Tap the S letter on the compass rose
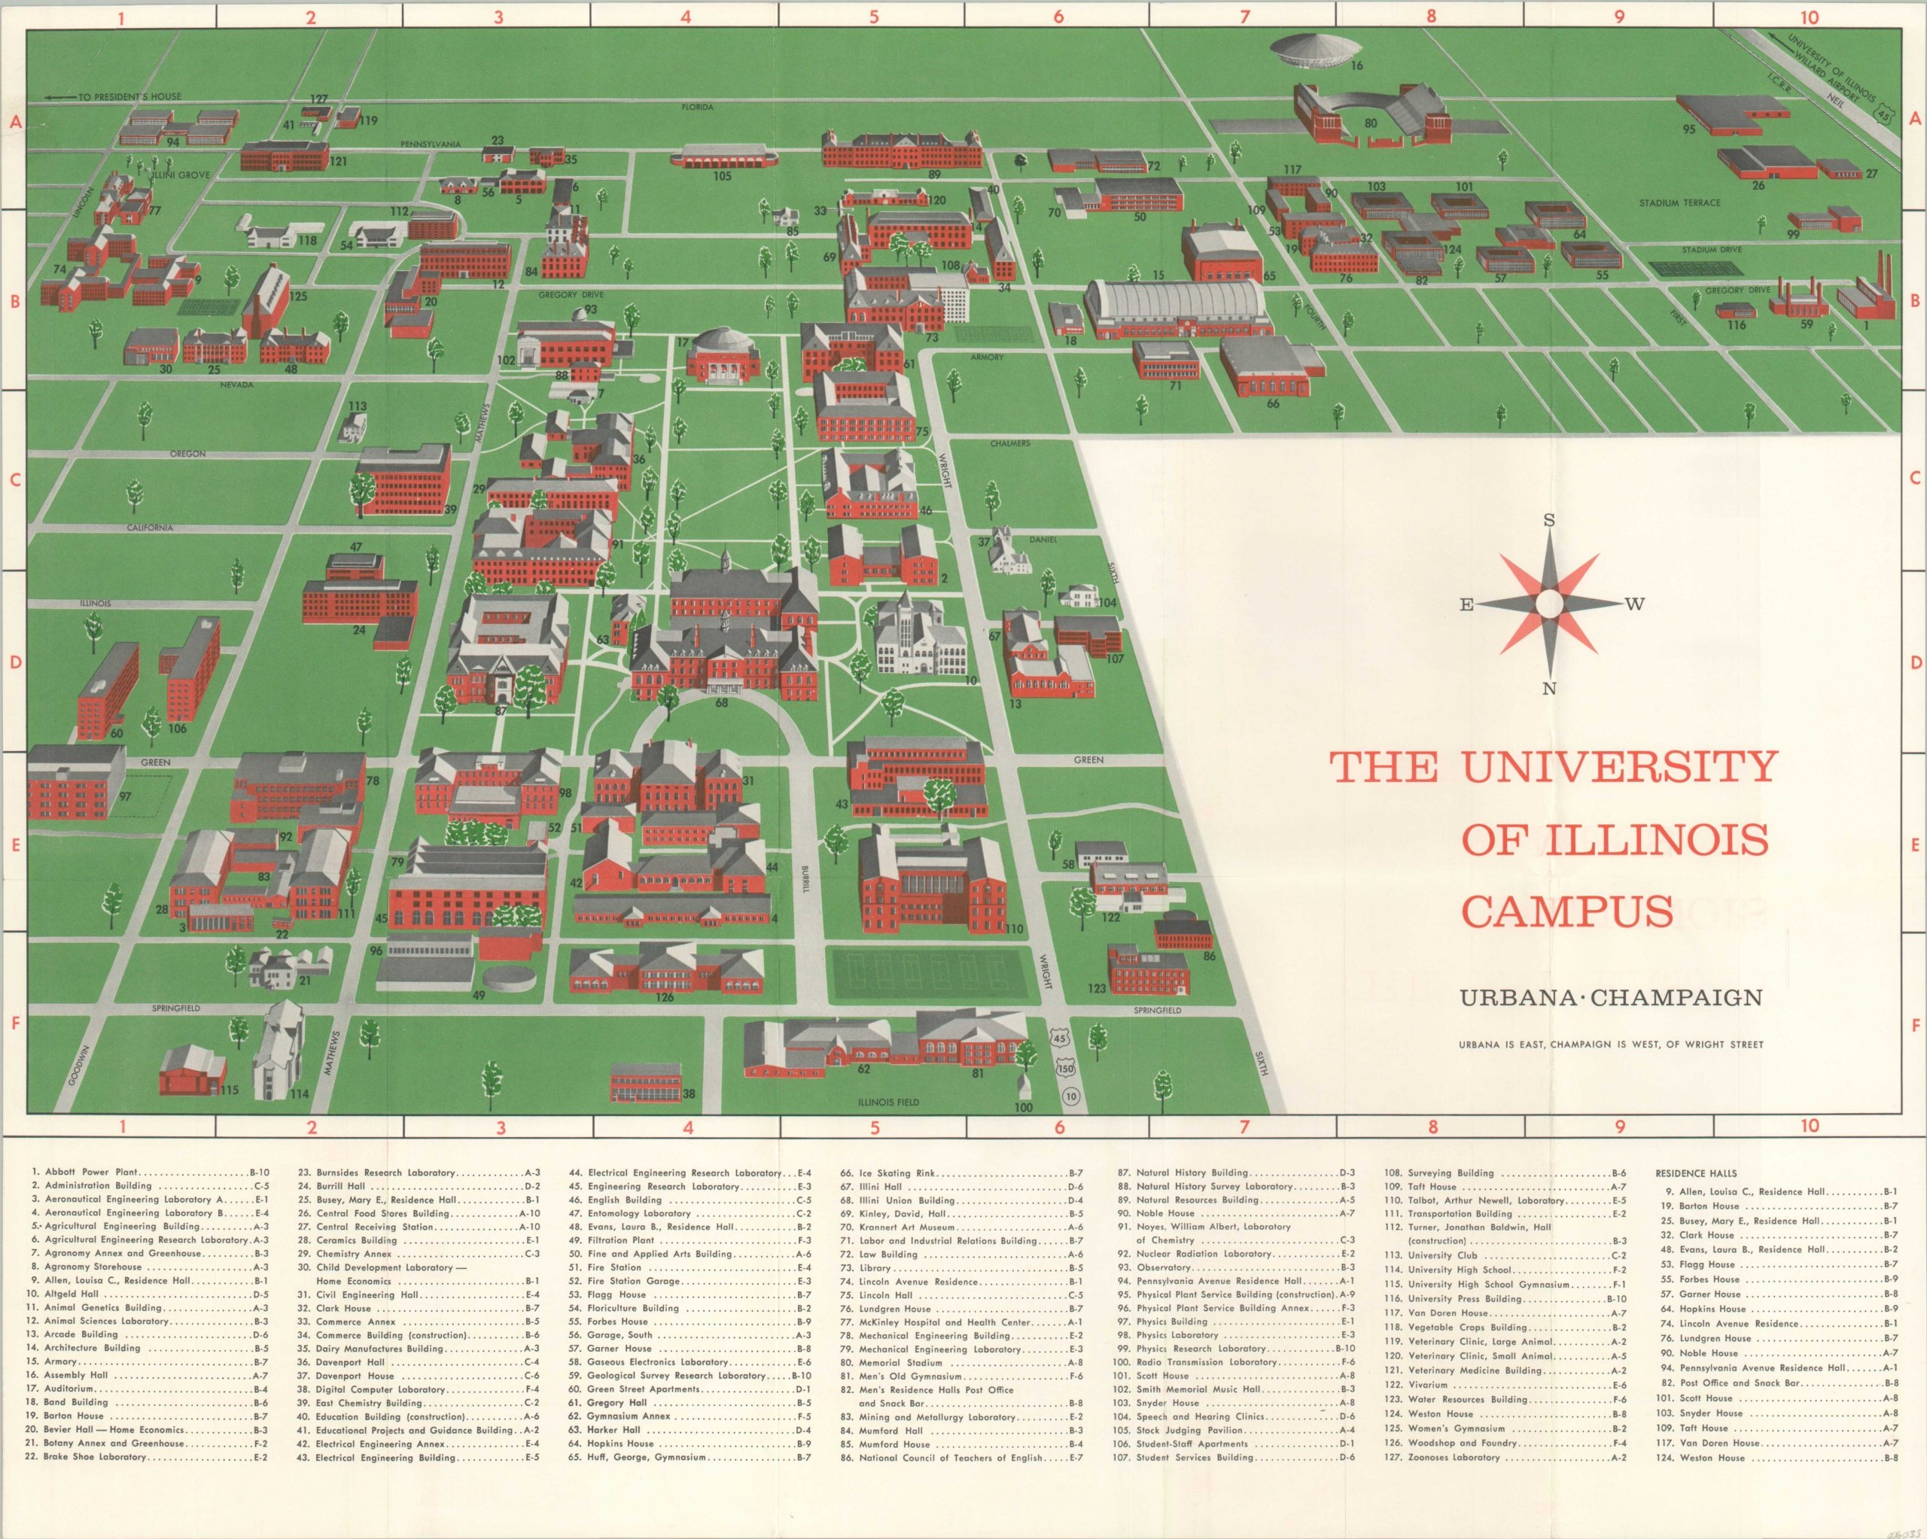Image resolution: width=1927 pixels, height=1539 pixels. tap(1550, 520)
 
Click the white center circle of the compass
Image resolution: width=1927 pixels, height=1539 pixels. tap(1550, 605)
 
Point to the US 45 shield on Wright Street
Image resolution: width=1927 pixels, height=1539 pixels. tap(1060, 1038)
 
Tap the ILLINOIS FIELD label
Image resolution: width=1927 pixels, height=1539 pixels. tap(888, 1102)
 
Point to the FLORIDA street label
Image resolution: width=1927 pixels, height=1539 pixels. tap(697, 108)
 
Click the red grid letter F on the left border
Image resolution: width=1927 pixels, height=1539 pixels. tap(14, 1021)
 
